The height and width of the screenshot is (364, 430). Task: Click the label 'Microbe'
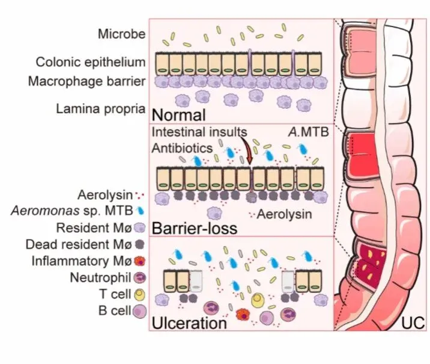pyautogui.click(x=121, y=34)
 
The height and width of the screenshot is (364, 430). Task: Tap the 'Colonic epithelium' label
pyautogui.click(x=90, y=62)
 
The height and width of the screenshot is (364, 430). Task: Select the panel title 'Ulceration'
pyautogui.click(x=189, y=322)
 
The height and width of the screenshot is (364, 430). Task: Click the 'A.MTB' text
pyautogui.click(x=307, y=132)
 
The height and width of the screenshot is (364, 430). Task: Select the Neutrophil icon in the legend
pyautogui.click(x=139, y=279)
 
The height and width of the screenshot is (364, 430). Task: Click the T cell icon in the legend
pyautogui.click(x=139, y=295)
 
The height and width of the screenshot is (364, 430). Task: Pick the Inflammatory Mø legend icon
pyautogui.click(x=139, y=262)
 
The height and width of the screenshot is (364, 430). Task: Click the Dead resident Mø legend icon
pyautogui.click(x=139, y=245)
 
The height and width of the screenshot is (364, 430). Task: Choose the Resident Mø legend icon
pyautogui.click(x=139, y=228)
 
